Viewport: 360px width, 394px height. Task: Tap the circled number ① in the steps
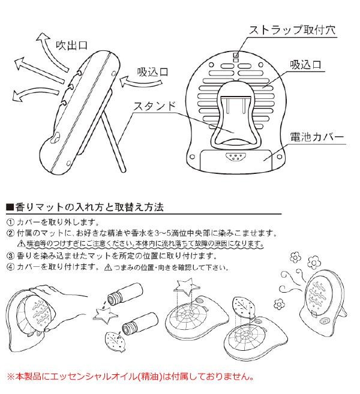10,222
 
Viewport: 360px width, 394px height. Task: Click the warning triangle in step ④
108,267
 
